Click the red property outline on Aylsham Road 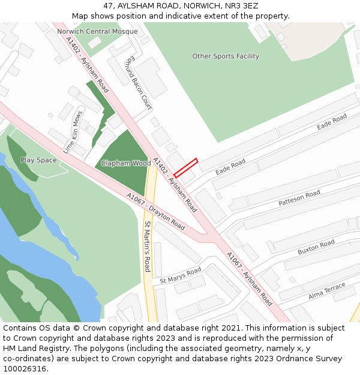185,167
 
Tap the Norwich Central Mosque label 97,31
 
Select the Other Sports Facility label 226,56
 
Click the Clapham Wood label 125,163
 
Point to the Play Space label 38,160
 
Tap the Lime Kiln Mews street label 72,132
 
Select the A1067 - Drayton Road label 156,211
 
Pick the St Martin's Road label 148,247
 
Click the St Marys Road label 181,276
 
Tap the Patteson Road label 299,199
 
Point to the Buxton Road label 316,247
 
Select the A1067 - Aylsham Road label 249,279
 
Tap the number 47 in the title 108,6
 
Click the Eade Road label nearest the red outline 231,166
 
